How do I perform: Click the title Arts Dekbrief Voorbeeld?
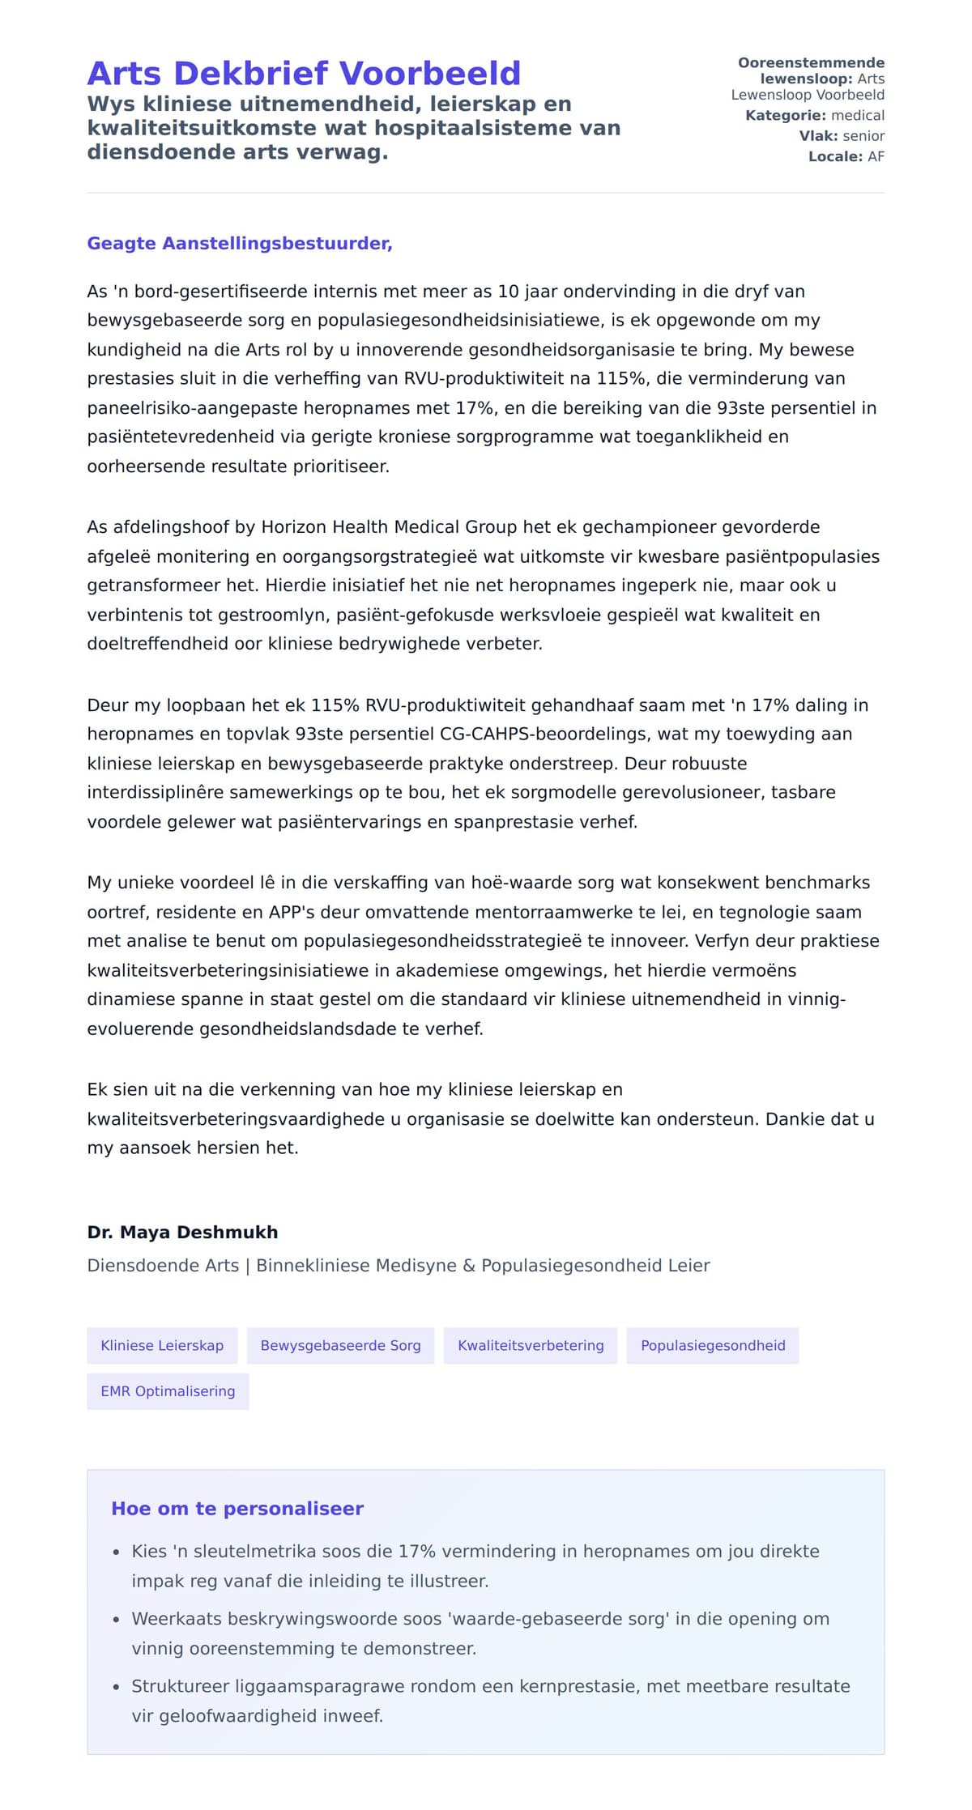(x=304, y=74)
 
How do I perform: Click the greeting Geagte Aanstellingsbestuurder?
(x=240, y=244)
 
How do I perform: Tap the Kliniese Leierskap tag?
(x=162, y=1345)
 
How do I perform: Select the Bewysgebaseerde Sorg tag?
(x=340, y=1345)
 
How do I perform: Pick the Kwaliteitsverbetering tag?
(x=531, y=1345)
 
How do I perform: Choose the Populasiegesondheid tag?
(x=713, y=1345)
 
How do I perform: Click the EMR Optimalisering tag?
(x=168, y=1391)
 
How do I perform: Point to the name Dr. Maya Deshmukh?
(x=182, y=1232)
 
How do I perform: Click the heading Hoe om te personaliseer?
(x=237, y=1509)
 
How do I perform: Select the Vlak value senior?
(x=863, y=136)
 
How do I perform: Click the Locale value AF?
(x=876, y=156)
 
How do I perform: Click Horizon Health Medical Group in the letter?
(x=389, y=527)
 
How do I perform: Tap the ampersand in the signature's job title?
(x=469, y=1266)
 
